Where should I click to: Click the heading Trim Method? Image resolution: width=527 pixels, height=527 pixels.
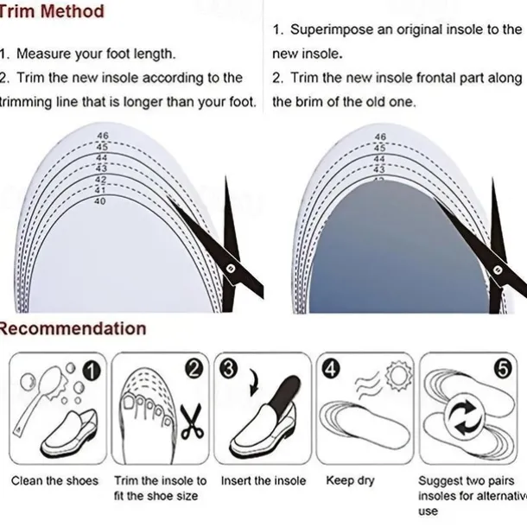51,11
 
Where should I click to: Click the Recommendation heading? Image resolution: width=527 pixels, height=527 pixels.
73,328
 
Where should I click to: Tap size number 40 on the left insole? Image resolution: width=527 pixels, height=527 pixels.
100,201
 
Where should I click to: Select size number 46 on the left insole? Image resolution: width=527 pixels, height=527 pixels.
103,136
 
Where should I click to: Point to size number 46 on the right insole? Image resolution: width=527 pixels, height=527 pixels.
380,137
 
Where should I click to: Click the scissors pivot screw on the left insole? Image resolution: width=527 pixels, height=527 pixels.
230,268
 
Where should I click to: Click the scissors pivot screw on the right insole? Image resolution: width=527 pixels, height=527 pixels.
498,270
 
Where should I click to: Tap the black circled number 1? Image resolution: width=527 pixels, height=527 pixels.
92,371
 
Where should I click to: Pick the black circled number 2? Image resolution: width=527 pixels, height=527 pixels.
194,369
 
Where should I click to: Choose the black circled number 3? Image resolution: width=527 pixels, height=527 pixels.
228,368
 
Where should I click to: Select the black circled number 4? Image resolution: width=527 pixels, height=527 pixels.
331,369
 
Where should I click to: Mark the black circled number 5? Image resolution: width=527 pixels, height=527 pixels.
503,369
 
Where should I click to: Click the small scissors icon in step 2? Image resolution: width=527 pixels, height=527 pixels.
192,422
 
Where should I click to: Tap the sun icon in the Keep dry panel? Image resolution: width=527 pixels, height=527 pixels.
399,376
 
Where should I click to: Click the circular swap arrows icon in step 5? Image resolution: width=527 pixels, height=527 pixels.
465,419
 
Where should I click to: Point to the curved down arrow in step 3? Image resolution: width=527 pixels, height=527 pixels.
253,383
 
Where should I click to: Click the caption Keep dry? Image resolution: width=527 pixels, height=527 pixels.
350,481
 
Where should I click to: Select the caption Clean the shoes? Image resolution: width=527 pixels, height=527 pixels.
54,481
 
